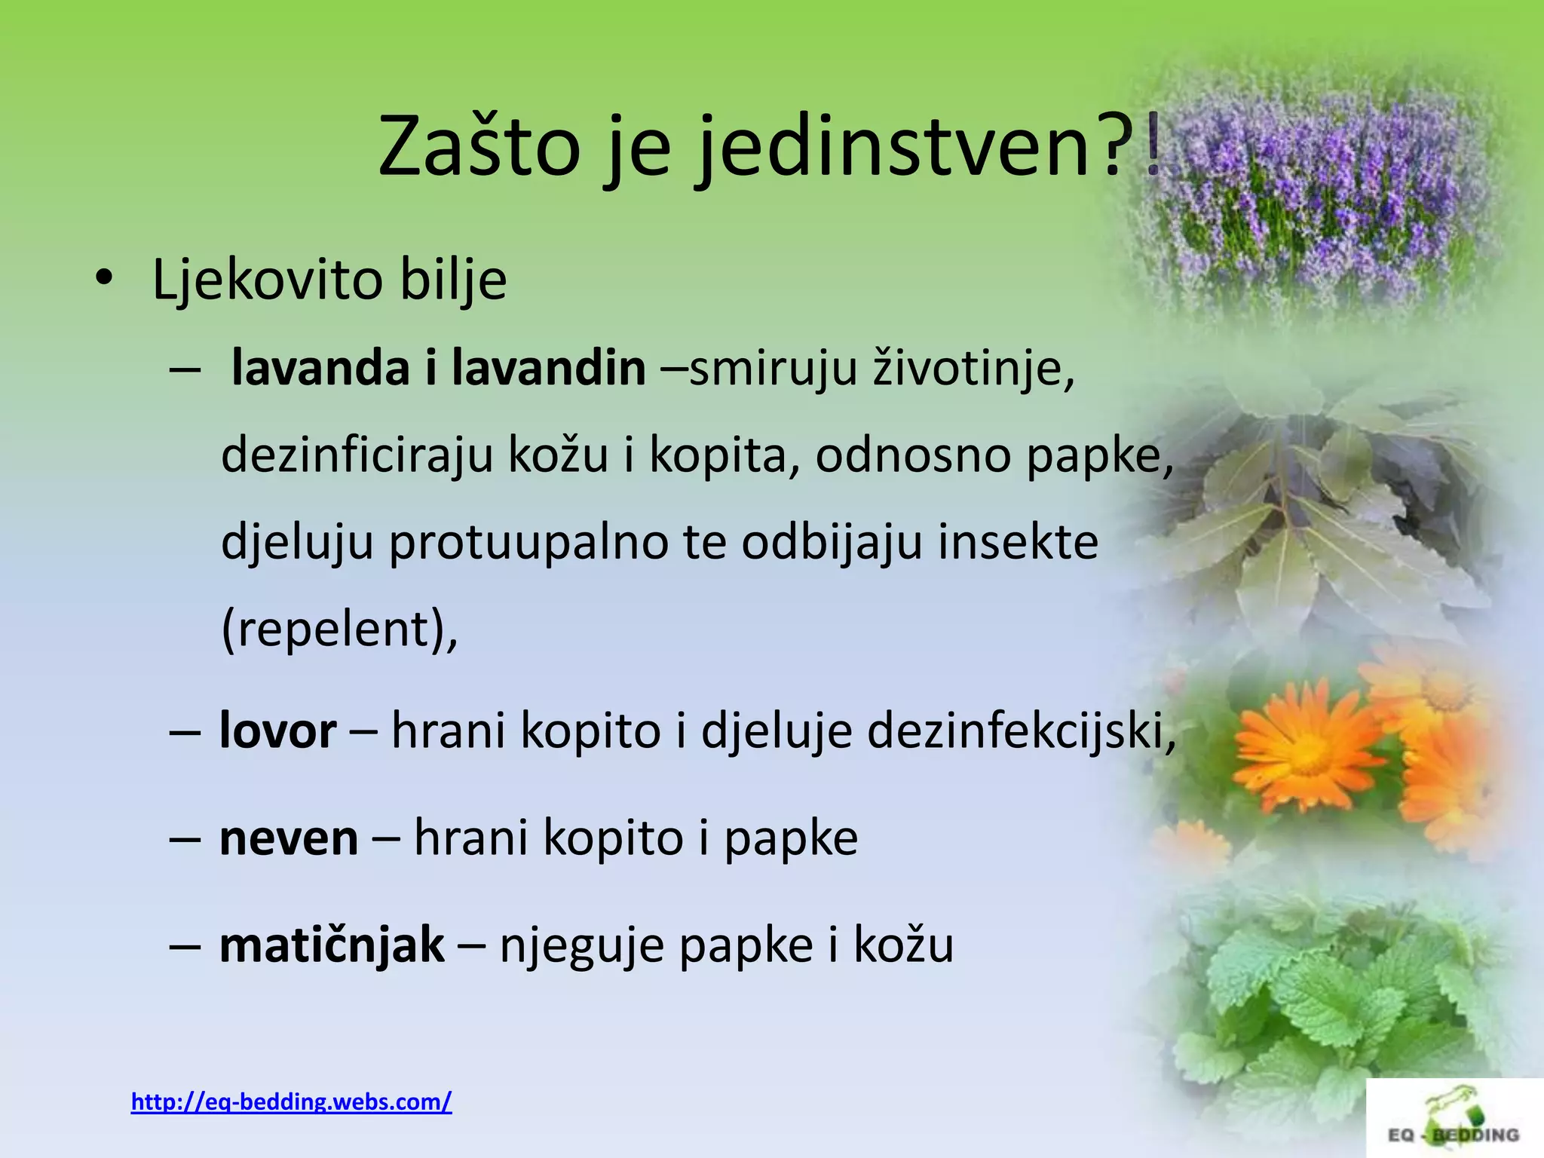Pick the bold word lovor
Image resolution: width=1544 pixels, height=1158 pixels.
tap(277, 731)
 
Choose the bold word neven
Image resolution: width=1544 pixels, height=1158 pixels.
tap(289, 838)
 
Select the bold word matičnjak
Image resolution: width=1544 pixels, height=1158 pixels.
tap(332, 944)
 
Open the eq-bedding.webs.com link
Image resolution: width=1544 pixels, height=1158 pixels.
tap(291, 1101)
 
